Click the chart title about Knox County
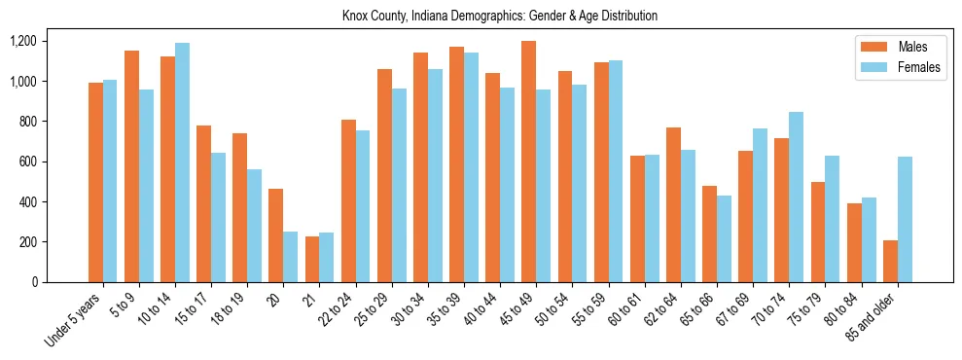pyautogui.click(x=500, y=17)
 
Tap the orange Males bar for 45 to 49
pyautogui.click(x=528, y=162)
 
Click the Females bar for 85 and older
pyautogui.click(x=906, y=219)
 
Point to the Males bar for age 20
pyautogui.click(x=276, y=235)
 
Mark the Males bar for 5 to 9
pyautogui.click(x=132, y=166)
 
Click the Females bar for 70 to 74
pyautogui.click(x=797, y=197)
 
